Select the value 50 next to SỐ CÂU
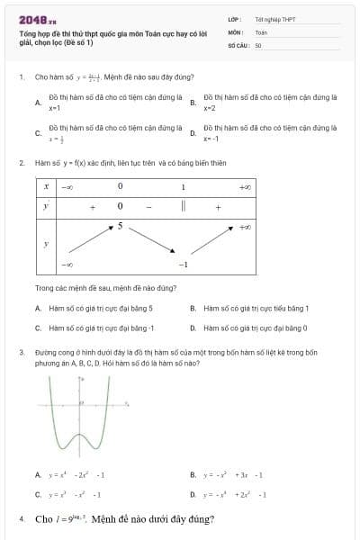[x=257, y=43]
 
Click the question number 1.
[x=21, y=77]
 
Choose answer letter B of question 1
[x=193, y=103]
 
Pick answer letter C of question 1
[x=37, y=133]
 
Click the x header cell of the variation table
[x=45, y=186]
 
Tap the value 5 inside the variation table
[x=119, y=225]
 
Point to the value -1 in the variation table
[x=183, y=265]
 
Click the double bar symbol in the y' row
[x=183, y=206]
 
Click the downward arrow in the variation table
[x=153, y=245]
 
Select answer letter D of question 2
[x=193, y=328]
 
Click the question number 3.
[x=21, y=353]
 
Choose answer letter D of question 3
[x=193, y=494]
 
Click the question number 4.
[x=21, y=519]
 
